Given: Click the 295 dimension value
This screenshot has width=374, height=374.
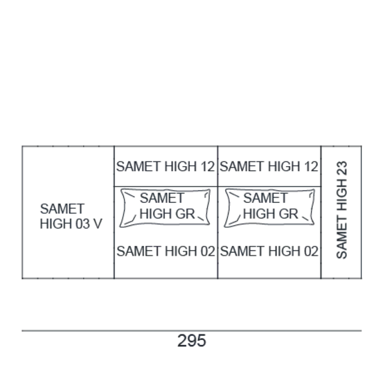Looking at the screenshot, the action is pos(192,341).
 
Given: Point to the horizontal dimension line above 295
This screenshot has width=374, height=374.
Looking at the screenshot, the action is pos(192,330).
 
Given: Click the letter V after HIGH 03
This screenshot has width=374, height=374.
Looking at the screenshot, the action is pos(98,224).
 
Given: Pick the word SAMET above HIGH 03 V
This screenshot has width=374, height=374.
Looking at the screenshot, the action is pos(62,208).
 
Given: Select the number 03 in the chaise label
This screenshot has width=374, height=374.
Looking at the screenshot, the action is pos(82,224).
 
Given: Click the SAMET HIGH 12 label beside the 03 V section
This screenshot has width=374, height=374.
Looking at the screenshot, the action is pos(166,166).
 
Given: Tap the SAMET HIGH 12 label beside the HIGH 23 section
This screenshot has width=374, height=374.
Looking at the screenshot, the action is pos(269,166).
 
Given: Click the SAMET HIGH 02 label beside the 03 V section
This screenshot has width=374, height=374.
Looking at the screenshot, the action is pos(166,251).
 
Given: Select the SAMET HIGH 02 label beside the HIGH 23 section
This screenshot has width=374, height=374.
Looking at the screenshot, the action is pos(269,251).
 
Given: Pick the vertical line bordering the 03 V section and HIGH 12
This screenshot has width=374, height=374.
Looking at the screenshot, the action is pos(114,212).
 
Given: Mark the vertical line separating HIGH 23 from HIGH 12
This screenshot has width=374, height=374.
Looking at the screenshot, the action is pos(321,212).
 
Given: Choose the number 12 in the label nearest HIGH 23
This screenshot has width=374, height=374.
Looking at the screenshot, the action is pos(311,166).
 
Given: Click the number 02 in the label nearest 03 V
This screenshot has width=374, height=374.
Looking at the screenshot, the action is pos(208,251).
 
